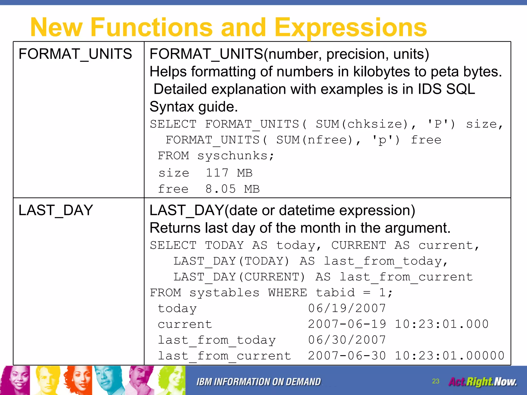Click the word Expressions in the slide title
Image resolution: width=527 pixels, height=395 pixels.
[x=350, y=28]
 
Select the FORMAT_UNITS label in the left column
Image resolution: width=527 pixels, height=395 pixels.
[x=75, y=54]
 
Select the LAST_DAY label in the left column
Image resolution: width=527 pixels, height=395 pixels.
[x=56, y=210]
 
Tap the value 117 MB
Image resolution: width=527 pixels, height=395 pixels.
[x=229, y=173]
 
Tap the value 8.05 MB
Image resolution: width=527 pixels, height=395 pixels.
[x=232, y=189]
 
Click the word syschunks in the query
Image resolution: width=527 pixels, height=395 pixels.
[x=232, y=156]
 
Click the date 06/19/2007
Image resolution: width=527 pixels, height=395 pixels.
[x=347, y=308]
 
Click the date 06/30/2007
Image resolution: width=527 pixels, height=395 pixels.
[x=347, y=340]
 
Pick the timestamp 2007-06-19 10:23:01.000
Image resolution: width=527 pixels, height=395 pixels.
[x=398, y=324]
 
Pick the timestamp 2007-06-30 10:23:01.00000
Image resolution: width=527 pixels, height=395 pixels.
[x=406, y=356]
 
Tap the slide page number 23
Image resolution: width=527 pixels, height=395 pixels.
[x=436, y=381]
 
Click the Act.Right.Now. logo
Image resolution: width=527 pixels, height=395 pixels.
[x=482, y=382]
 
